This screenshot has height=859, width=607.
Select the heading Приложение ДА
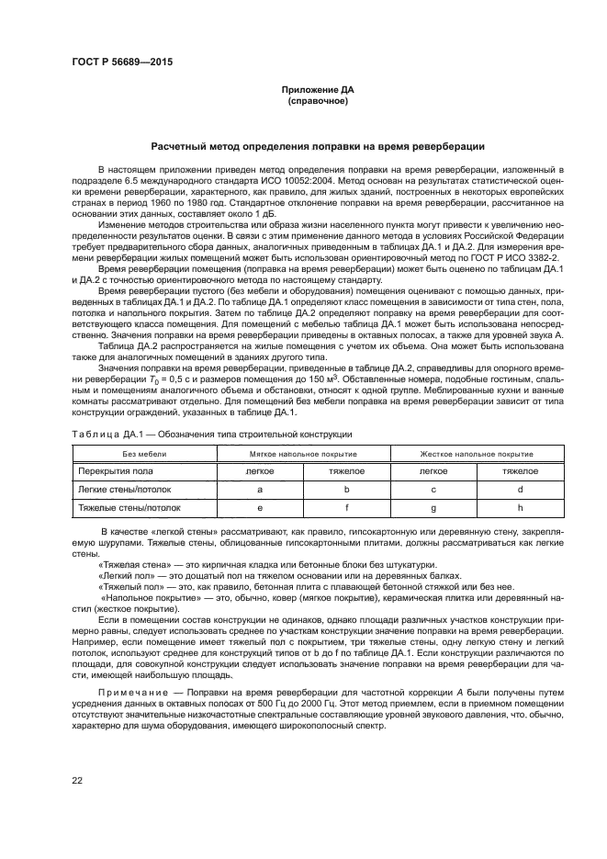[317, 90]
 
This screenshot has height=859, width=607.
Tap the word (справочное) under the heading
[317, 100]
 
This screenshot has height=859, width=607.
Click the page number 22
[77, 781]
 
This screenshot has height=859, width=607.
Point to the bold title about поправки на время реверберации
[317, 147]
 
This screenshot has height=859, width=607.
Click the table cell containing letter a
[260, 489]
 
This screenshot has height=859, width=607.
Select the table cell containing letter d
[520, 489]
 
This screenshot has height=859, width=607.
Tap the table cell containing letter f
[346, 506]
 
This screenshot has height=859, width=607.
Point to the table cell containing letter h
[520, 506]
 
